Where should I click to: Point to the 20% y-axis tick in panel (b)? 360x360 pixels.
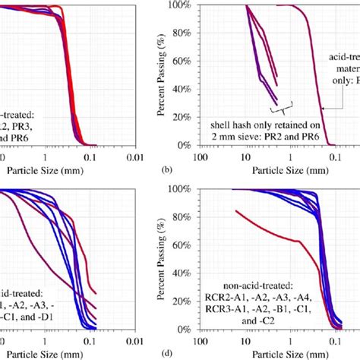coord(182,117)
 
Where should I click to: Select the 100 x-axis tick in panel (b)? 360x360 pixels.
coord(200,156)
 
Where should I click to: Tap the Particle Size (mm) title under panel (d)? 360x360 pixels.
coord(270,355)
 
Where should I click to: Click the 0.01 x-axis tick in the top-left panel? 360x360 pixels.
coord(137,156)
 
